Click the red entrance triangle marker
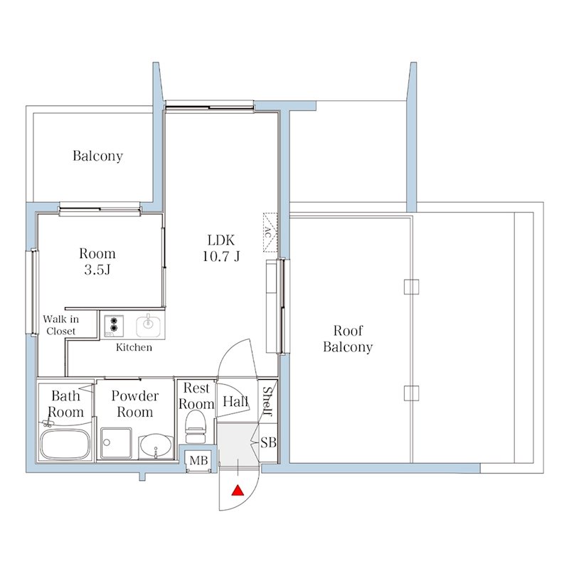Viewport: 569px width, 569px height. (x=238, y=490)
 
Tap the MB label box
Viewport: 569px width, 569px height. (x=198, y=460)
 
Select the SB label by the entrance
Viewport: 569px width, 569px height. (x=269, y=442)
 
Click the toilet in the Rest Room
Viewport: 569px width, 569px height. (x=196, y=430)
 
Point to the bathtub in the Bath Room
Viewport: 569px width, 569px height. (x=65, y=445)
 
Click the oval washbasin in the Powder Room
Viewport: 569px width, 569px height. (x=156, y=445)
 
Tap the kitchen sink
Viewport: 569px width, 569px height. (x=148, y=325)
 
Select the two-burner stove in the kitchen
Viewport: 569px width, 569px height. (x=114, y=325)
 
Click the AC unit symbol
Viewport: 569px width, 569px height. (x=270, y=233)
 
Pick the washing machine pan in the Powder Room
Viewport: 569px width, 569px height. (x=116, y=443)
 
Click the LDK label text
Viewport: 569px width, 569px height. (x=221, y=240)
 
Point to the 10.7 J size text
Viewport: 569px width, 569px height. (x=221, y=257)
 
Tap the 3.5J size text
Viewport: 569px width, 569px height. (x=97, y=270)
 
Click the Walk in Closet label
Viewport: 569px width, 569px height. (x=60, y=325)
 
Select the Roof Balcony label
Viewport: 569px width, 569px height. (x=348, y=339)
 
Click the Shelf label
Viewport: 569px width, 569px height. (x=267, y=401)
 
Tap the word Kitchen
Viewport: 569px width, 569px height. (x=134, y=347)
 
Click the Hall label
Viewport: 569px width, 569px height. (x=235, y=401)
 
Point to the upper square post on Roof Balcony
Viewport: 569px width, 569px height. (x=412, y=287)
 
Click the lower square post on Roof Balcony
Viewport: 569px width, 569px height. (x=412, y=393)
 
